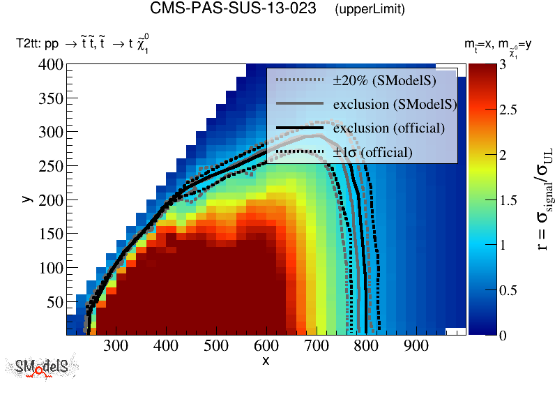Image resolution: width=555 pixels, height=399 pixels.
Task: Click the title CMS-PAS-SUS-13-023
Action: pos(233,9)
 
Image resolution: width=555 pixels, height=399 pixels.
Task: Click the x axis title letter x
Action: pos(266,360)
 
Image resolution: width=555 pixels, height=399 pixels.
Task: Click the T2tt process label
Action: pos(82,45)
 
